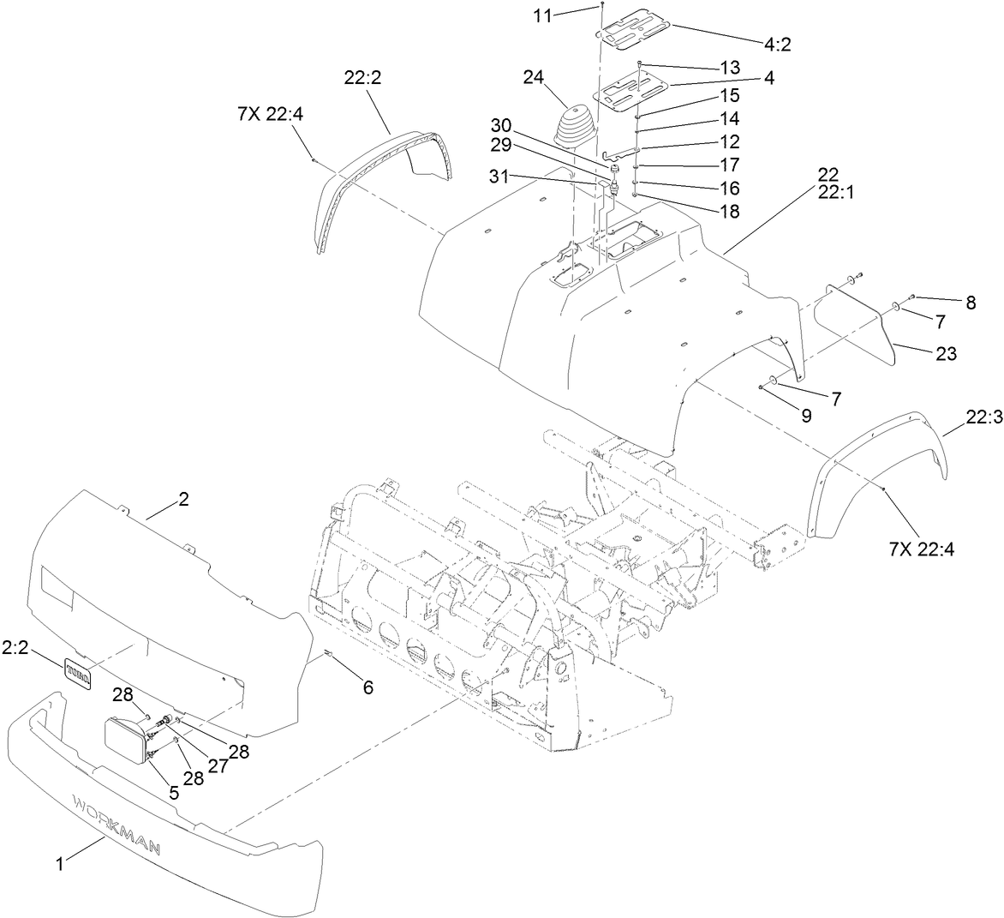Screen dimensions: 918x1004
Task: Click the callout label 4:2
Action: pyautogui.click(x=779, y=45)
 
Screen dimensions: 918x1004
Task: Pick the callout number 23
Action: pyautogui.click(x=946, y=353)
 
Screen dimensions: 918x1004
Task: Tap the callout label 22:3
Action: pyautogui.click(x=983, y=417)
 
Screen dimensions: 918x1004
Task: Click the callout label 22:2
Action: pyautogui.click(x=362, y=77)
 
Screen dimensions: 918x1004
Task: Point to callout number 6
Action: pyautogui.click(x=368, y=687)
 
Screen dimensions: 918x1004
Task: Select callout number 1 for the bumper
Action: pyautogui.click(x=59, y=866)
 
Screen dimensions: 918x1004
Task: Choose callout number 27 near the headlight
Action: pyautogui.click(x=218, y=766)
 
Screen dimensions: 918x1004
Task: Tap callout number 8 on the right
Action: pyautogui.click(x=970, y=303)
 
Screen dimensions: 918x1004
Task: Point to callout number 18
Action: pyautogui.click(x=730, y=210)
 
